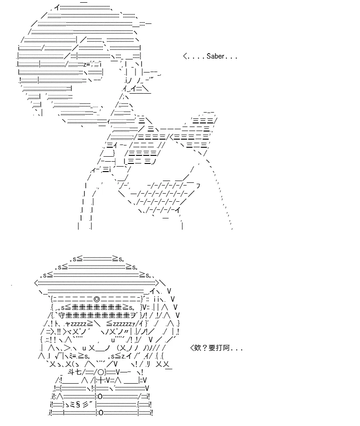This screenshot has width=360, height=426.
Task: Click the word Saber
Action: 215,56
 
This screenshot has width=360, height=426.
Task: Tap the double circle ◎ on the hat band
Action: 96,299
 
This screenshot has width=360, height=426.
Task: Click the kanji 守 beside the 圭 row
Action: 62,315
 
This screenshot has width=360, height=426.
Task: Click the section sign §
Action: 78,404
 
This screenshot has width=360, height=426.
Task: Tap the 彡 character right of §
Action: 85,404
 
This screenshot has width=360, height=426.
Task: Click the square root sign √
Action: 58,356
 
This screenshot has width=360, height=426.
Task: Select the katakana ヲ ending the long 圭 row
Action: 133,315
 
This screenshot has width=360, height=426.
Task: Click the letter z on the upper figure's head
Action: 85,65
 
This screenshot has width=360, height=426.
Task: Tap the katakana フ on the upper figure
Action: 198,186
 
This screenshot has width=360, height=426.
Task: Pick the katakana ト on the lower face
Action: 56,324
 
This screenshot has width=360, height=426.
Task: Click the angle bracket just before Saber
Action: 185,56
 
